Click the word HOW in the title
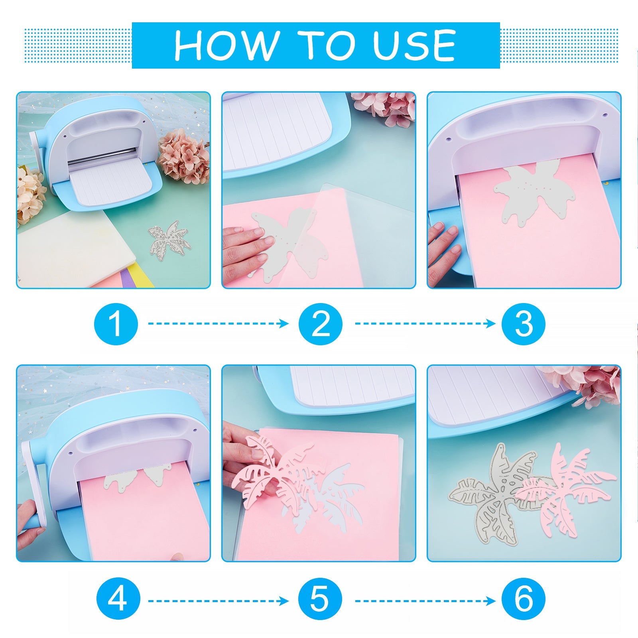(226, 45)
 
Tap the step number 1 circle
(116, 323)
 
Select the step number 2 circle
(321, 323)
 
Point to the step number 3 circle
(524, 323)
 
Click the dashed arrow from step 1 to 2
(219, 323)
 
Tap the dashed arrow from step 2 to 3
(425, 323)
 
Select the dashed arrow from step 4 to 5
(219, 601)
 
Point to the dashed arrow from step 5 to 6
(425, 601)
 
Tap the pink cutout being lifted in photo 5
(279, 471)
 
